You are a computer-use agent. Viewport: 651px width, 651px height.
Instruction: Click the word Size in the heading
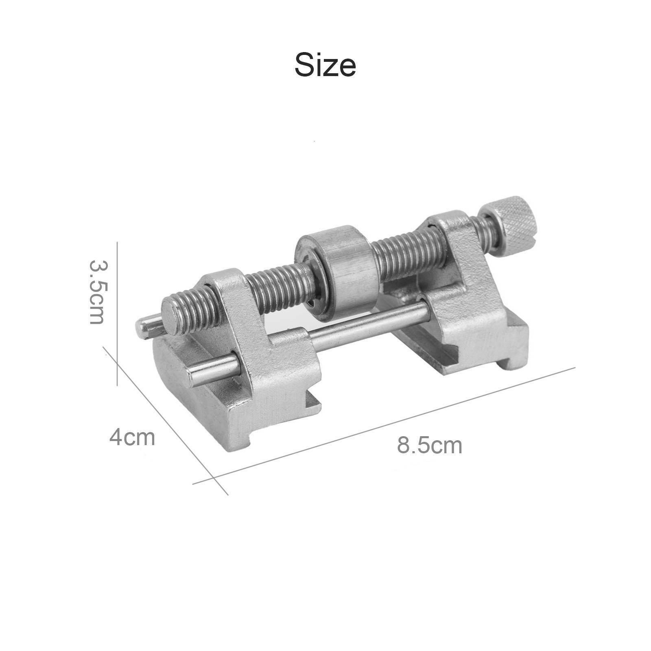(x=325, y=64)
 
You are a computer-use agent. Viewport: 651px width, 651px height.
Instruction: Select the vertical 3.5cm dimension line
(x=118, y=314)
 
